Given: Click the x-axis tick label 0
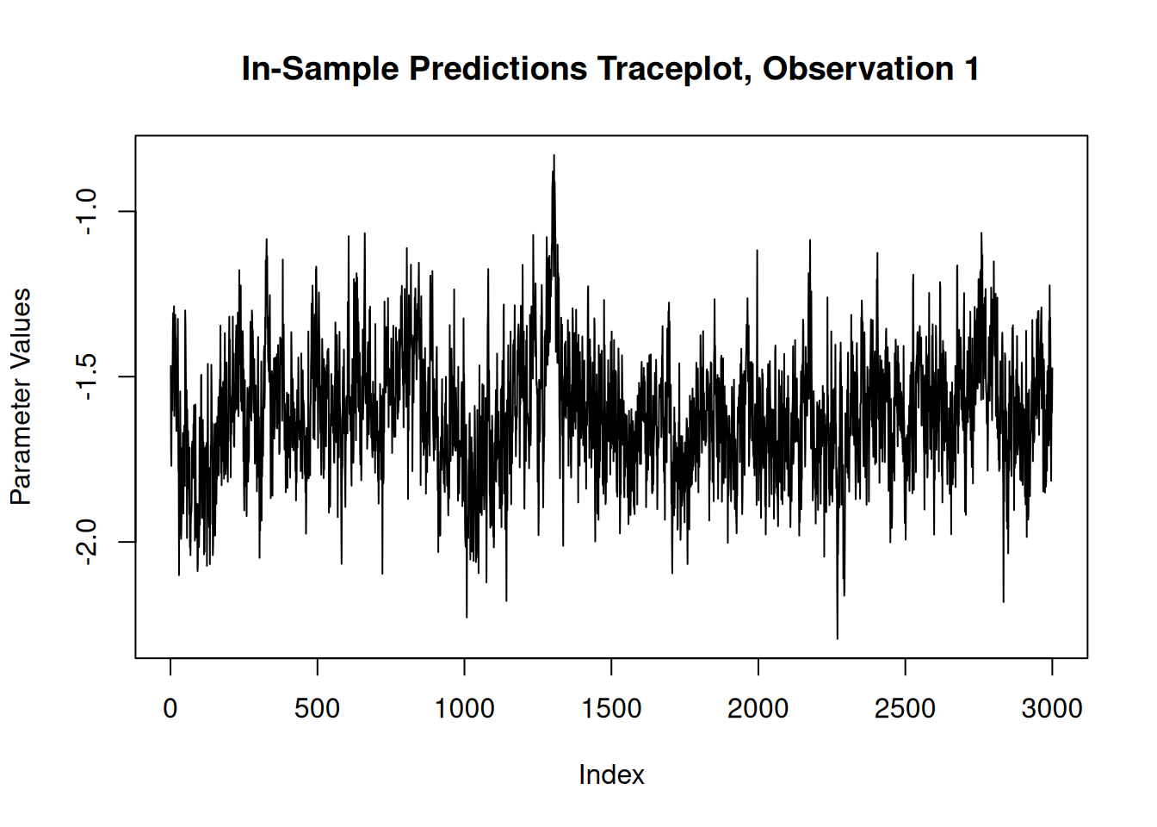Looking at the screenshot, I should (x=170, y=709).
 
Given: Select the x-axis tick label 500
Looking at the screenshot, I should (x=317, y=709).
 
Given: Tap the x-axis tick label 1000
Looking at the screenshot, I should (x=464, y=709).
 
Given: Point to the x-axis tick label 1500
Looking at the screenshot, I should (x=611, y=709).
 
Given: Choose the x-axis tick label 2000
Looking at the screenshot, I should (x=758, y=709).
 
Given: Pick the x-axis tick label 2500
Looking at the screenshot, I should (x=905, y=709).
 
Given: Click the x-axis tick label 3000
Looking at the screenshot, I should (x=1051, y=709).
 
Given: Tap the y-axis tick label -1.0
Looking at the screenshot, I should (x=87, y=212).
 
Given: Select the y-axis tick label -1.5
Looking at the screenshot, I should (x=87, y=377).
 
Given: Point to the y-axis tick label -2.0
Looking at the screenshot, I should (x=87, y=543).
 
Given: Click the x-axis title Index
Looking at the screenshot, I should (x=611, y=775).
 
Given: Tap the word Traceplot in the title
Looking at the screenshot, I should (x=672, y=70).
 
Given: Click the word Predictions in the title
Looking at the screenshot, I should (x=498, y=70).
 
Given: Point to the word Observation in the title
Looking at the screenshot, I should (x=858, y=70).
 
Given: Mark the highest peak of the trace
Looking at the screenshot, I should (x=554, y=156).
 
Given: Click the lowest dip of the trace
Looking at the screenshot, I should (x=838, y=638).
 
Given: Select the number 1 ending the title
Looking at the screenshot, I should (x=972, y=70).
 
